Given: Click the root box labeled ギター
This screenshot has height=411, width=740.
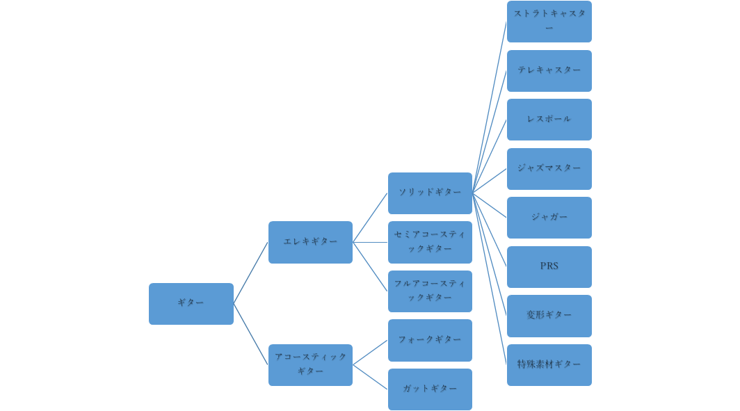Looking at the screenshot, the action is tap(191, 303).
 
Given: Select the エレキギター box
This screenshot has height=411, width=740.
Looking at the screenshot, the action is tap(310, 242).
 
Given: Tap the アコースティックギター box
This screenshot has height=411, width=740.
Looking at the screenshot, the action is tap(310, 365).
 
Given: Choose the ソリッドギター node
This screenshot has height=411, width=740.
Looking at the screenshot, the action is tap(430, 193).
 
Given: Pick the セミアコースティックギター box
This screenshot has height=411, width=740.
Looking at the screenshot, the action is tap(430, 242).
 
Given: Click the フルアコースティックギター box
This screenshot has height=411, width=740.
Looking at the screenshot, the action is tap(430, 291).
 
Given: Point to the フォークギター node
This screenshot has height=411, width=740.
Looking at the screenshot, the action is tap(430, 340).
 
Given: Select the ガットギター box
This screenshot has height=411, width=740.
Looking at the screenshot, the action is tap(430, 389).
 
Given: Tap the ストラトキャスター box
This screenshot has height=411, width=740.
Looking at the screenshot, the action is tap(549, 22).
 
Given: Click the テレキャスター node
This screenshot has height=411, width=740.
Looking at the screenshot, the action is tap(549, 71).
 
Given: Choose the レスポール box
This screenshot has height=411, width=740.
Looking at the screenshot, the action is tap(549, 120).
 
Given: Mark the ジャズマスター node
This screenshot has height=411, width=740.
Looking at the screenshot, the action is tap(549, 169).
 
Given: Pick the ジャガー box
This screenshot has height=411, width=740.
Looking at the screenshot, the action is tap(549, 218).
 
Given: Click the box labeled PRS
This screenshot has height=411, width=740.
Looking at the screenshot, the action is tap(549, 267).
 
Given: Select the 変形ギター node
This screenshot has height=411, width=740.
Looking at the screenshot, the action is tap(549, 316).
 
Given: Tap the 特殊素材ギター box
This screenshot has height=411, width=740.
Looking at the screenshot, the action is tap(549, 365).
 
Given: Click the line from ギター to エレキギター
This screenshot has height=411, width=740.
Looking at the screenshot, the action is tap(250, 273).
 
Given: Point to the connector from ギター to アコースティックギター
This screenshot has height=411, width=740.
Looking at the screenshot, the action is tap(250, 334).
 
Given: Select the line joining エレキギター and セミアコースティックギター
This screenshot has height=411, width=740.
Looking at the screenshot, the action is tap(371, 242).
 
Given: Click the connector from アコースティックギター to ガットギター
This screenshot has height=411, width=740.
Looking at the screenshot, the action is tap(371, 377).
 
